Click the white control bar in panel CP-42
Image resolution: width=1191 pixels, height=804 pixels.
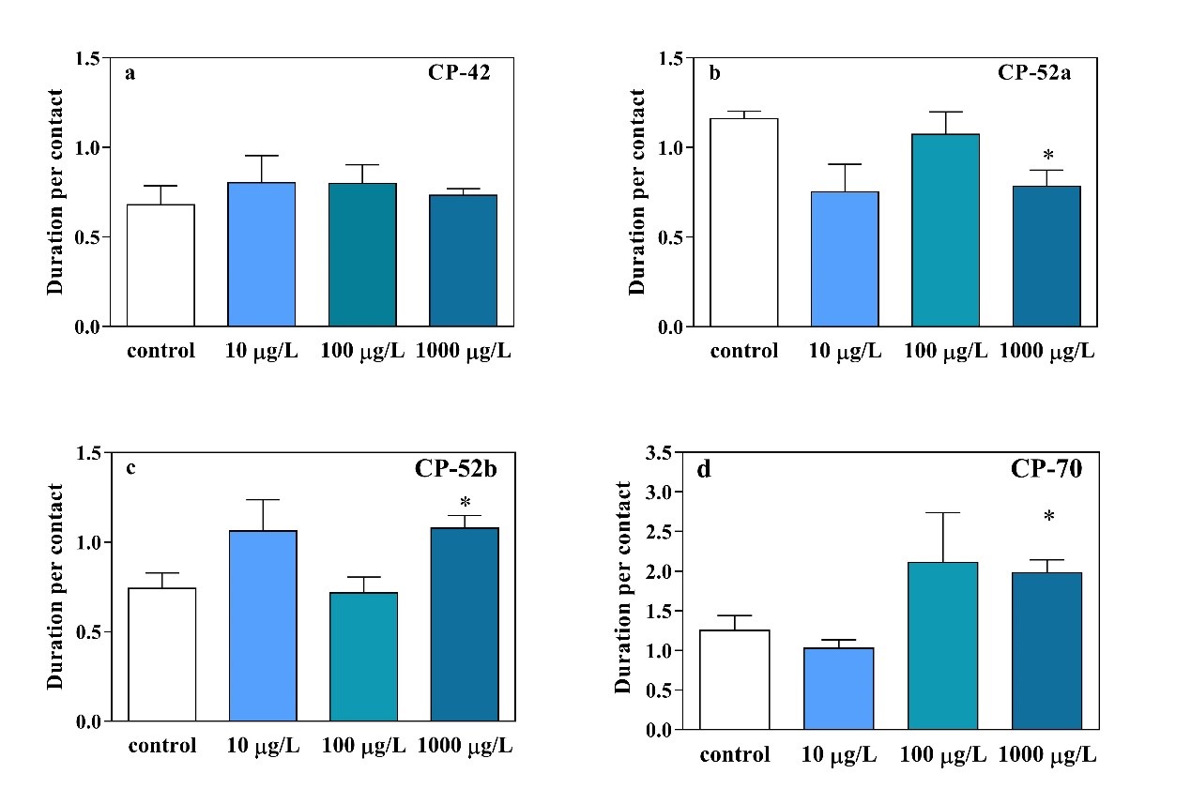[x=160, y=265]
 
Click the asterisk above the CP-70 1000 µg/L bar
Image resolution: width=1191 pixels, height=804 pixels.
[x=1048, y=517]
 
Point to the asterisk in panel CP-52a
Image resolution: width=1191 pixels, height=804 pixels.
[x=1048, y=155]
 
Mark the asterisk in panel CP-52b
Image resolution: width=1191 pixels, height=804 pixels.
[x=465, y=502]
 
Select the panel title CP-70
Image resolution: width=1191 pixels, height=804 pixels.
[x=1050, y=469]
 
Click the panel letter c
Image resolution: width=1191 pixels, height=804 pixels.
[x=130, y=467]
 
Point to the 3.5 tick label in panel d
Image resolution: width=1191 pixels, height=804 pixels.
[x=659, y=453]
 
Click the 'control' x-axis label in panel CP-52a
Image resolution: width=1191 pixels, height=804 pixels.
[x=743, y=352]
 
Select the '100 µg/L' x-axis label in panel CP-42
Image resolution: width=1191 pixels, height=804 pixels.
[x=362, y=352]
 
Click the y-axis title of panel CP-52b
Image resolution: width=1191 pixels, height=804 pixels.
[x=56, y=586]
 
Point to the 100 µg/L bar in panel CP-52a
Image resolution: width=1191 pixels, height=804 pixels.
[x=945, y=230]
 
